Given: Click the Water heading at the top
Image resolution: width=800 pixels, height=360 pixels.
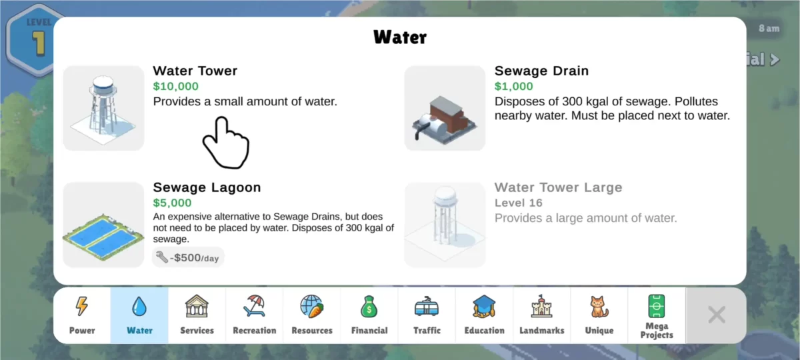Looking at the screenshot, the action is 399,37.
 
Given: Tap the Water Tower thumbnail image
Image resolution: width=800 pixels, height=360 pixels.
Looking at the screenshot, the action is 103,108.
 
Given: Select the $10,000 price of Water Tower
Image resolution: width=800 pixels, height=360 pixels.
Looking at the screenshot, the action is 176,87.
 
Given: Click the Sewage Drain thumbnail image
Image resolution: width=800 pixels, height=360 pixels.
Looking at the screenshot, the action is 445,108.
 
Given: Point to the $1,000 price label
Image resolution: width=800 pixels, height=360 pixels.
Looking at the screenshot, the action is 513,87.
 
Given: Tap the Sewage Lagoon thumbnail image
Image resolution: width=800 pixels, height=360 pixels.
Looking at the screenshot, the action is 103,225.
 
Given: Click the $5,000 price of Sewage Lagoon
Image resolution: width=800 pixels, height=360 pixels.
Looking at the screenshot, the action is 172,203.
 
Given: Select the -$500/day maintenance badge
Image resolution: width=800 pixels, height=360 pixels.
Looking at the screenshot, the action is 188,257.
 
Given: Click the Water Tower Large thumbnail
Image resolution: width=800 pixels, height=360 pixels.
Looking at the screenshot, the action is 445,225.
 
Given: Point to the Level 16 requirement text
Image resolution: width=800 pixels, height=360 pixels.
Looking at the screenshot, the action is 519,203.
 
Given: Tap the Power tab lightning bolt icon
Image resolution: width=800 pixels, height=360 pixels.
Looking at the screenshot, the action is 82,306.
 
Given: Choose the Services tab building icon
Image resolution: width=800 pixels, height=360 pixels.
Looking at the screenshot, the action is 197,306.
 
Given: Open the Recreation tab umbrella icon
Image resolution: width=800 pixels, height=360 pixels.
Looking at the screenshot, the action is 254,306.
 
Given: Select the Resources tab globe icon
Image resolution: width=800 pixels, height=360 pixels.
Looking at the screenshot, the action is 312,306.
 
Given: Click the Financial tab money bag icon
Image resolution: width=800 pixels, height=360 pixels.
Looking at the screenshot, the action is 369,307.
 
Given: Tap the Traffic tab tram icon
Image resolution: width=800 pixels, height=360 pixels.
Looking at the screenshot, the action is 427,307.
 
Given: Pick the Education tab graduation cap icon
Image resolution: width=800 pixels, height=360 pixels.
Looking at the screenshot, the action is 484,307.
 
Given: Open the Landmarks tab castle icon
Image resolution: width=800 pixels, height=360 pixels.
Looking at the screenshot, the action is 542,306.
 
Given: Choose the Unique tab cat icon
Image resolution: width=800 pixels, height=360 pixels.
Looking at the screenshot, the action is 599,307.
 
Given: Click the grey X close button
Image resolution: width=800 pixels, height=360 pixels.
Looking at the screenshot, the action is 717,315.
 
